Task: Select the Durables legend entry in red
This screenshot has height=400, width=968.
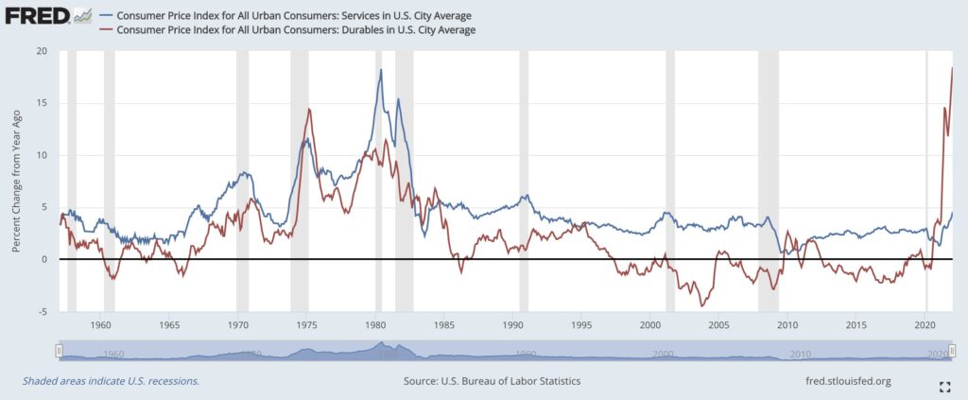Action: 293,30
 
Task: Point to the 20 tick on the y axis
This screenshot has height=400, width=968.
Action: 41,51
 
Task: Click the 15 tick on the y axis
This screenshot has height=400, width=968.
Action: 41,103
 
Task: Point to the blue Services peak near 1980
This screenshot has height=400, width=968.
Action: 381,70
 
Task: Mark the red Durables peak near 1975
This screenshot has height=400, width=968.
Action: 308,110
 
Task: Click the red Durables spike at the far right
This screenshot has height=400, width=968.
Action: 951,68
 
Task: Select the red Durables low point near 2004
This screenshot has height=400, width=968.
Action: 701,305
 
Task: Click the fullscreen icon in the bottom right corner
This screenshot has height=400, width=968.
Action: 942,386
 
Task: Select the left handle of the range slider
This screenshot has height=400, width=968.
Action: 59,351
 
